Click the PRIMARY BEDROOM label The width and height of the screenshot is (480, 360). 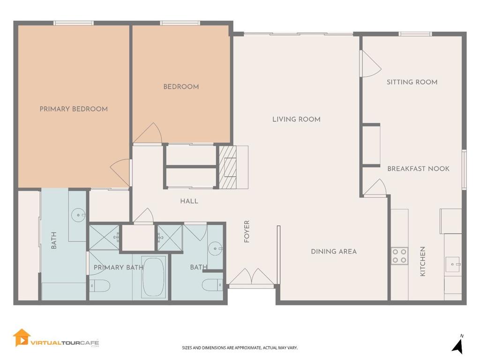[x=74, y=109]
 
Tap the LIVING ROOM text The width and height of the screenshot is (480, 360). [x=296, y=120]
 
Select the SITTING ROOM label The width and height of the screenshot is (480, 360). [x=412, y=82]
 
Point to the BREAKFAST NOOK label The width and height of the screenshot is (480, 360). [x=418, y=169]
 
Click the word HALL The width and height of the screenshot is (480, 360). [x=189, y=201]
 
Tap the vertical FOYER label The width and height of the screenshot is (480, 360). [x=247, y=231]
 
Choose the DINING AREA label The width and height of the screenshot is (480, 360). [x=334, y=252]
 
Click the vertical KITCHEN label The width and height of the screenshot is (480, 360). [x=422, y=261]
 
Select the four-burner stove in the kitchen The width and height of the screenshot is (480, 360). [x=399, y=256]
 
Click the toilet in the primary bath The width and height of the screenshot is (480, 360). [x=99, y=285]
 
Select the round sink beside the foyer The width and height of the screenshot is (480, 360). [x=215, y=247]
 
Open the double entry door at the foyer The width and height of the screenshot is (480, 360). [x=252, y=277]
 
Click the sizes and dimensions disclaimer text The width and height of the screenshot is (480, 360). [x=240, y=348]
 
